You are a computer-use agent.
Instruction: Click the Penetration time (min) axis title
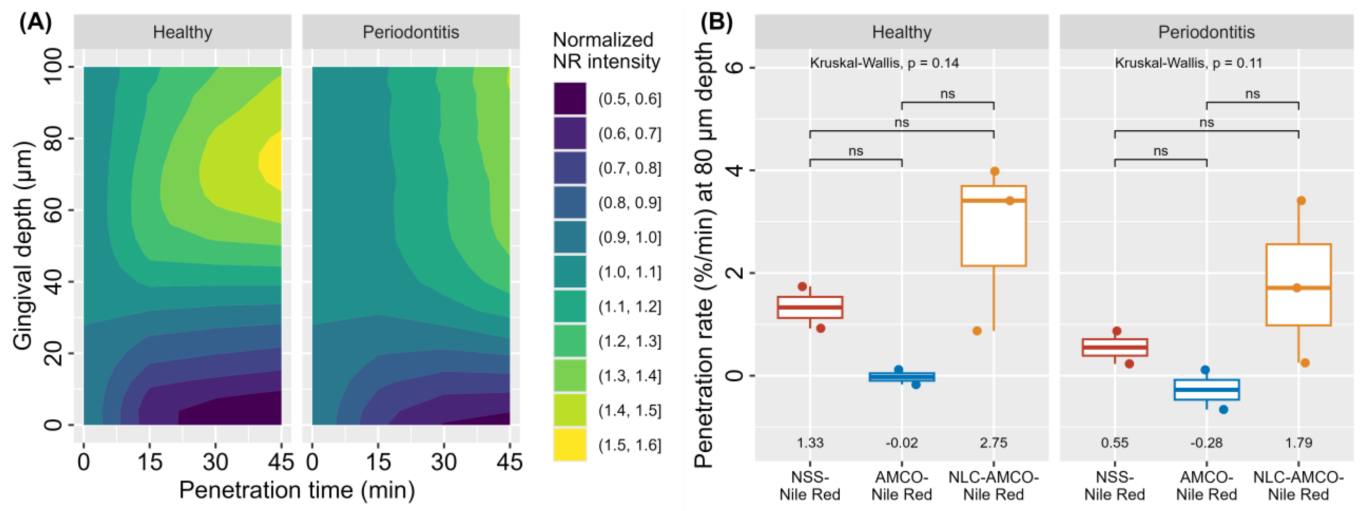pos(297,490)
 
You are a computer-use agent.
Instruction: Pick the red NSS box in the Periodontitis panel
pos(1115,347)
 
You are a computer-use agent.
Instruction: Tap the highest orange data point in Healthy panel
pos(994,171)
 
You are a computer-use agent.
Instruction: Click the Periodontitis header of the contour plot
pos(411,32)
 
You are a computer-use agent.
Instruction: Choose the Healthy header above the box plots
pos(901,32)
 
